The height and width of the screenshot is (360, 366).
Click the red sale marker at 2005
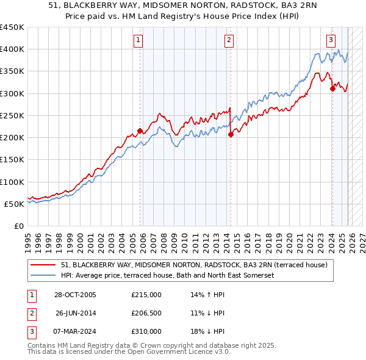pyautogui.click(x=140, y=131)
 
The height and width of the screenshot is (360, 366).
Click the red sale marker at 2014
pyautogui.click(x=231, y=134)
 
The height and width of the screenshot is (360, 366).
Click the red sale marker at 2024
pyautogui.click(x=332, y=88)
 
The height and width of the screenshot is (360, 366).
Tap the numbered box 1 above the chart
pyautogui.click(x=139, y=41)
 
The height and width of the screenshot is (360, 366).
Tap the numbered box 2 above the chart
pyautogui.click(x=229, y=41)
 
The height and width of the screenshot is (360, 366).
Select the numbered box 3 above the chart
pyautogui.click(x=331, y=41)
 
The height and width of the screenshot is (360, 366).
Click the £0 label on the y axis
pyautogui.click(x=18, y=226)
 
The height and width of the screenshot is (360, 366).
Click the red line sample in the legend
pyautogui.click(x=43, y=265)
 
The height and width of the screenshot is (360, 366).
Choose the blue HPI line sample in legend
pyautogui.click(x=43, y=275)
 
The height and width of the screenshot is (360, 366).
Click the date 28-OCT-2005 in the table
pyautogui.click(x=75, y=295)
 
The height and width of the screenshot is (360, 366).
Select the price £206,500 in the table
pyautogui.click(x=146, y=313)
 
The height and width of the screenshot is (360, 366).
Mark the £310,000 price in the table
pyautogui.click(x=146, y=331)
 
